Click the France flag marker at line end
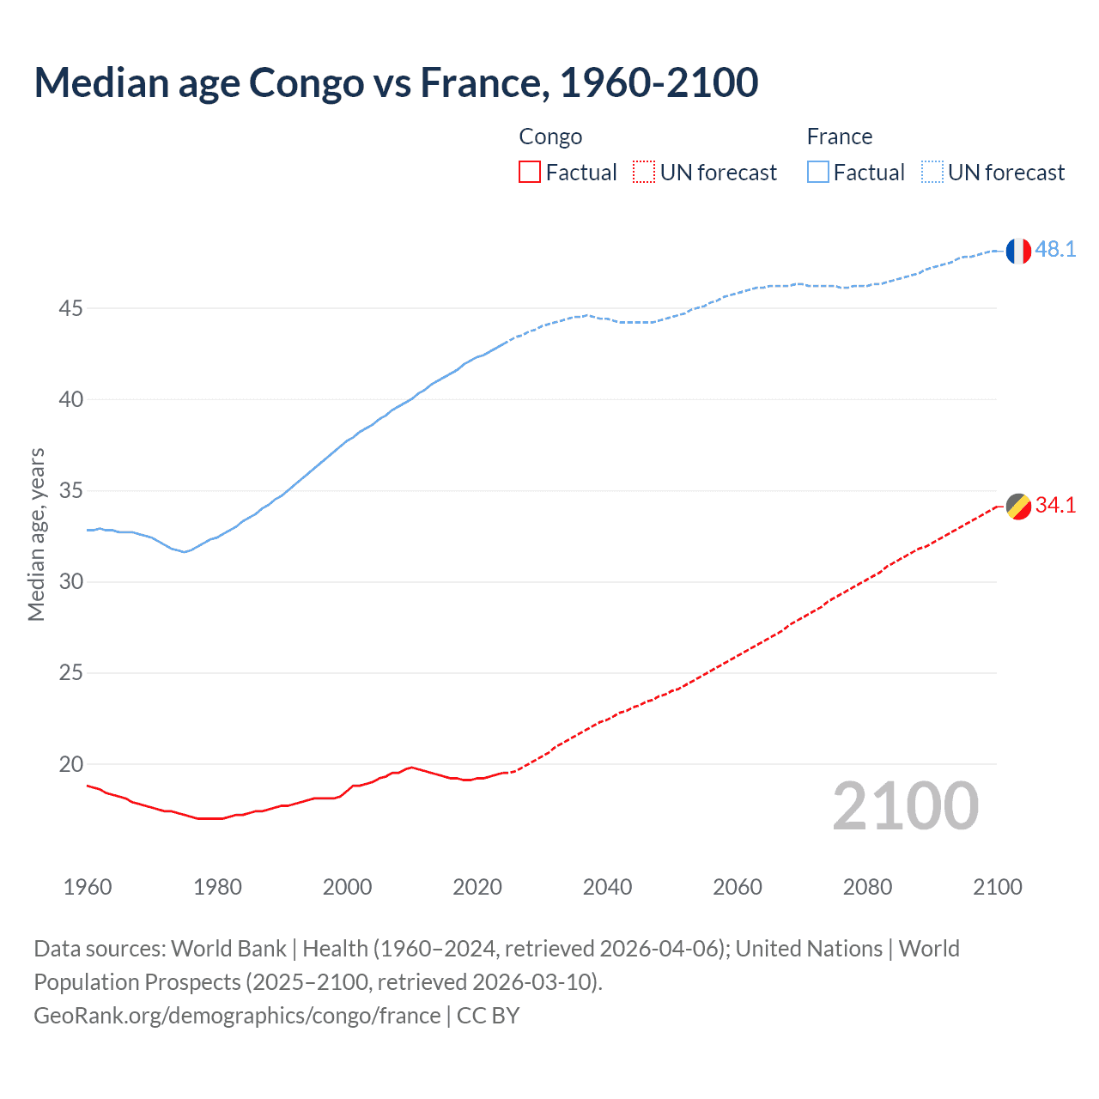1018,251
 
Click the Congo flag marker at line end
1018,507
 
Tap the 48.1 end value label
1055,249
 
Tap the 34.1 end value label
1055,505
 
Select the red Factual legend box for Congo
530,173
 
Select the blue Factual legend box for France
817,173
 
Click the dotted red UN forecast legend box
644,173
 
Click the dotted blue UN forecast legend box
932,173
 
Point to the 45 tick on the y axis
70,308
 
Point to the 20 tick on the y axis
70,764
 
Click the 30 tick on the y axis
70,581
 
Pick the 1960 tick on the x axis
88,887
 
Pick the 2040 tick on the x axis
607,887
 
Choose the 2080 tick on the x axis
867,887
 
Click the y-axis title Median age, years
36,534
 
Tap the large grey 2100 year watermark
905,805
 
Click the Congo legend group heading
550,137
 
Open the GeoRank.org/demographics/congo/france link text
237,1016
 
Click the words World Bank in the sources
228,949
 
